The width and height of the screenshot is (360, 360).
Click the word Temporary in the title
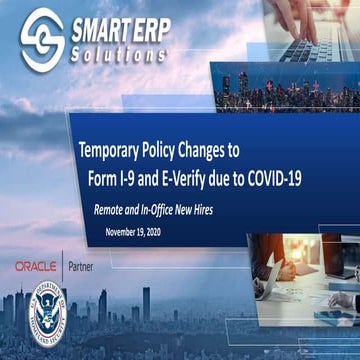tap(116, 153)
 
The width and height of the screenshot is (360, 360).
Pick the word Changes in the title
tap(231, 153)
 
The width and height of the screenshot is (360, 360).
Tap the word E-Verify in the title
tap(203, 177)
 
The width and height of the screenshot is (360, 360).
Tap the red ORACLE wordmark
tap(36, 267)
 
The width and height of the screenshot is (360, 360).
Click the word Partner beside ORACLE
tap(83, 267)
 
